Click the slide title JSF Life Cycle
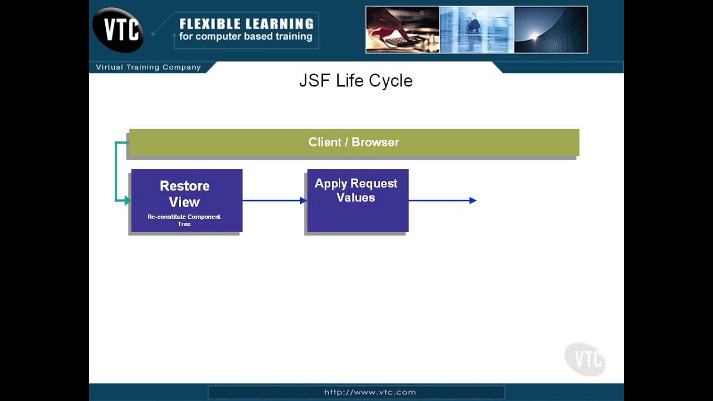pyautogui.click(x=355, y=81)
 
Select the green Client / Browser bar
pyautogui.click(x=354, y=143)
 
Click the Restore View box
pyautogui.click(x=186, y=200)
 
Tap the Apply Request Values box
pyautogui.click(x=357, y=200)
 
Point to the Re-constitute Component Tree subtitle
pyautogui.click(x=184, y=220)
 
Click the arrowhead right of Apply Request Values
pyautogui.click(x=473, y=200)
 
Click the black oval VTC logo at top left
pyautogui.click(x=118, y=30)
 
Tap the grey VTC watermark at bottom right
pyautogui.click(x=585, y=359)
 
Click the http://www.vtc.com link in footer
pyautogui.click(x=370, y=392)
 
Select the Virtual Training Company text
pyautogui.click(x=148, y=67)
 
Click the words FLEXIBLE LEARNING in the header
pyautogui.click(x=246, y=24)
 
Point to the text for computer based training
pyautogui.click(x=245, y=37)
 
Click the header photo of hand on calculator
pyautogui.click(x=403, y=30)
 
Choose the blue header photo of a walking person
pyautogui.click(x=477, y=30)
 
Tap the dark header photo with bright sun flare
pyautogui.click(x=550, y=30)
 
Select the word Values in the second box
pyautogui.click(x=355, y=198)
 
